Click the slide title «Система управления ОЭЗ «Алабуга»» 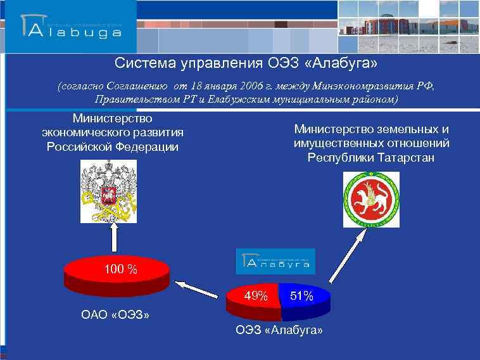point(246,64)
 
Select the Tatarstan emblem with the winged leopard point(371,199)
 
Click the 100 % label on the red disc point(120,269)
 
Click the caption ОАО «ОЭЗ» point(116,314)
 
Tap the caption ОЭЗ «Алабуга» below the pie point(279,331)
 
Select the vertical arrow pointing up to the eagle point(115,241)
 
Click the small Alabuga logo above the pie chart point(276,261)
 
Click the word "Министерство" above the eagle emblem point(112,118)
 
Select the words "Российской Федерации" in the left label point(112,147)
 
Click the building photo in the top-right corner point(408,27)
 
